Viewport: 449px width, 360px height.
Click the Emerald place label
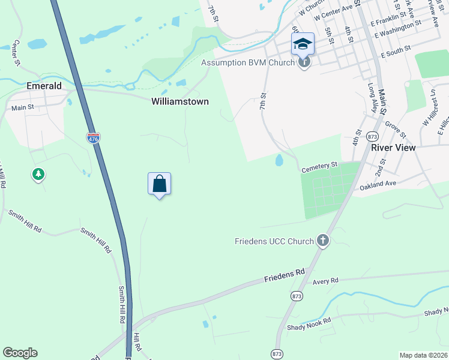point(44,86)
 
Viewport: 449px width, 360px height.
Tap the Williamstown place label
point(179,101)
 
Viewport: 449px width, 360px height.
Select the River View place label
point(393,148)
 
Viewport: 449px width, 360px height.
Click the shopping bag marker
point(160,184)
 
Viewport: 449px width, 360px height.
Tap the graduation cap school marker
point(303,43)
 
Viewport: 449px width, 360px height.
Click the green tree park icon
point(38,174)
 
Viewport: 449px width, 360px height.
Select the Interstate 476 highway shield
point(93,137)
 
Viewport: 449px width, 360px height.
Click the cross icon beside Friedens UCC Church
point(323,241)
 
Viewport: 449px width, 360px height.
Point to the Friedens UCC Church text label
point(274,241)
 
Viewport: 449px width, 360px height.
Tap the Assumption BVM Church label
point(247,62)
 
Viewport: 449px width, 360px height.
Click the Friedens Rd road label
point(285,276)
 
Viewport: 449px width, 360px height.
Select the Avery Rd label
point(326,280)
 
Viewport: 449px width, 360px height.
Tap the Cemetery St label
point(321,164)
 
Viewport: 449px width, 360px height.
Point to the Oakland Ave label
point(378,185)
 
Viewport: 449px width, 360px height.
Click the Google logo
point(20,353)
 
